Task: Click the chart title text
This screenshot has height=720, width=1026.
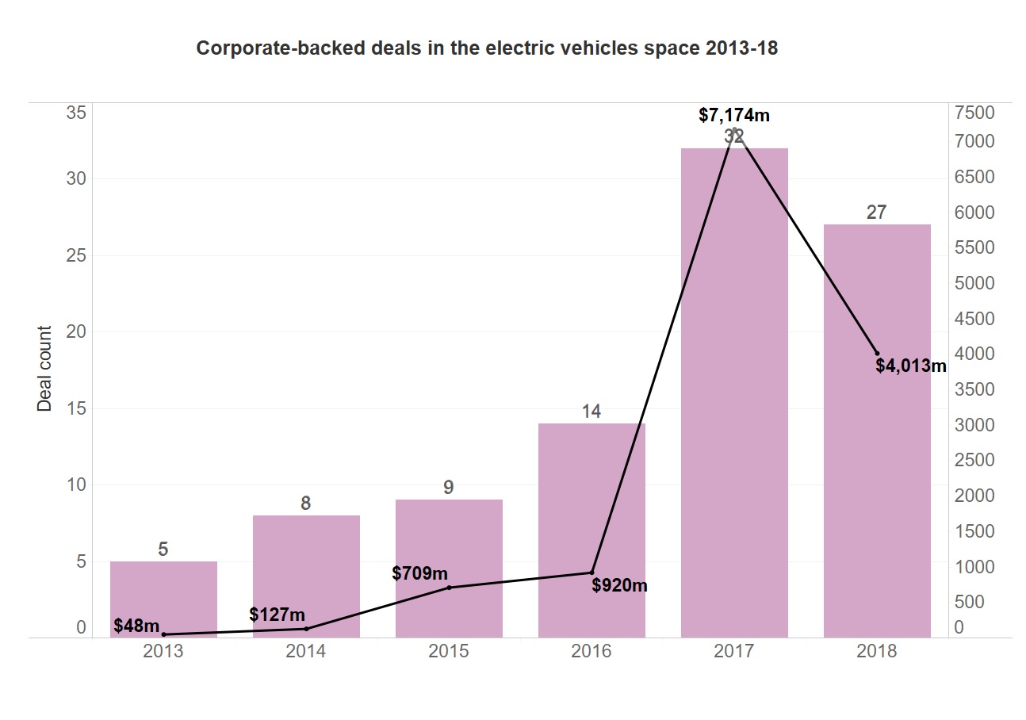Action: (487, 49)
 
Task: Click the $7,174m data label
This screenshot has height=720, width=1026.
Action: (734, 115)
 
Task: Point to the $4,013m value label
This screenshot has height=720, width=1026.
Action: (911, 366)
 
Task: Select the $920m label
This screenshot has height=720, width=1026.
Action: (620, 586)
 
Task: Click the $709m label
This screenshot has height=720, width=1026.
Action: (419, 573)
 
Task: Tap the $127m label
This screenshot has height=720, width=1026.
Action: (277, 615)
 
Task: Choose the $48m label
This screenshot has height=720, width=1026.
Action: (136, 626)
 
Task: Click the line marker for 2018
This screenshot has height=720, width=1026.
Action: (877, 353)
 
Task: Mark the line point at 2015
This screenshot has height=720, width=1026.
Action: (449, 588)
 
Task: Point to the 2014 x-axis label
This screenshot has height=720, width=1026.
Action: (306, 652)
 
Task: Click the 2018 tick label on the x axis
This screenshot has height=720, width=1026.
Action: (877, 652)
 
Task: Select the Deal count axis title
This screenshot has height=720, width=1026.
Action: (44, 369)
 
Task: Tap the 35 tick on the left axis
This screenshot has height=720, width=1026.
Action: (76, 113)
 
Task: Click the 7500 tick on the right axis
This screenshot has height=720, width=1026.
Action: (974, 113)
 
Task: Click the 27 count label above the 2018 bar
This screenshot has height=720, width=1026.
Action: (877, 213)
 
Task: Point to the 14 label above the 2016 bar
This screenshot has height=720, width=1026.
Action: (591, 412)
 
